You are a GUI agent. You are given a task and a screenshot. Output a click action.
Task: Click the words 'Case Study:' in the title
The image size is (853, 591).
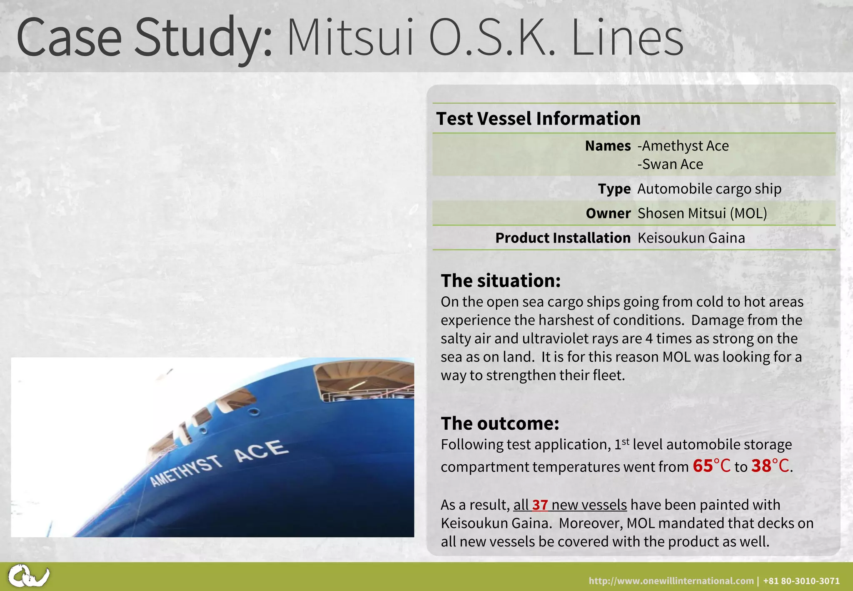144,38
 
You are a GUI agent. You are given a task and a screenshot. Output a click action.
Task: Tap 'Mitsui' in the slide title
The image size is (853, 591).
351,38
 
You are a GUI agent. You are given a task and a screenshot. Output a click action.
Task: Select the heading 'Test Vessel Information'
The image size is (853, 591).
538,119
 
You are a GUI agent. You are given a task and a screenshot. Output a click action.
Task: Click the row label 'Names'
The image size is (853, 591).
608,146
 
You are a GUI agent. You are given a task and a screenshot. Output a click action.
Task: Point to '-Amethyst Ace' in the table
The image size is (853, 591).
683,146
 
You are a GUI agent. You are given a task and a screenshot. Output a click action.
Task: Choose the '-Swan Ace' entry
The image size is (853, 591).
670,164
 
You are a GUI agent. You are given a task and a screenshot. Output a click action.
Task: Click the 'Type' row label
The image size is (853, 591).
614,189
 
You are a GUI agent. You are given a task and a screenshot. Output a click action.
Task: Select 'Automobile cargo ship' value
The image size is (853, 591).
709,189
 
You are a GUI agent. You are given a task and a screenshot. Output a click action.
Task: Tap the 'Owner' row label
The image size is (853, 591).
608,213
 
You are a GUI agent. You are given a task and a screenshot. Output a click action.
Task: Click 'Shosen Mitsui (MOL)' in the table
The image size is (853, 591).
702,213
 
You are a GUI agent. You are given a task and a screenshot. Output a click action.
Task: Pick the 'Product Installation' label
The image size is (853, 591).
563,238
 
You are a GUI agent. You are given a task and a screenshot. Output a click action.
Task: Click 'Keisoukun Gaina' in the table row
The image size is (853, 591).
691,238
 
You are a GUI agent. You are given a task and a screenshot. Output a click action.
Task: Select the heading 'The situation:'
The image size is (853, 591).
501,281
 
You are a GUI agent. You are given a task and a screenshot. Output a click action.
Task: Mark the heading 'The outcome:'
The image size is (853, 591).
500,423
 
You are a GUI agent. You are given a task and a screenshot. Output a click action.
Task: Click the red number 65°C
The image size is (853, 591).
711,466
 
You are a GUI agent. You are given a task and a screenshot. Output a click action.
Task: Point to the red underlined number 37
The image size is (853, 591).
540,505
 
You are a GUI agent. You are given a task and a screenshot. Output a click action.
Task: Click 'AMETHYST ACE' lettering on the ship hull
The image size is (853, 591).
219,463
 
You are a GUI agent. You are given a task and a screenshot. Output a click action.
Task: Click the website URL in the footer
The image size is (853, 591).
671,581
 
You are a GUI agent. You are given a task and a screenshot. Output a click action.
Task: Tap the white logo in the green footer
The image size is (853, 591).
28,576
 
